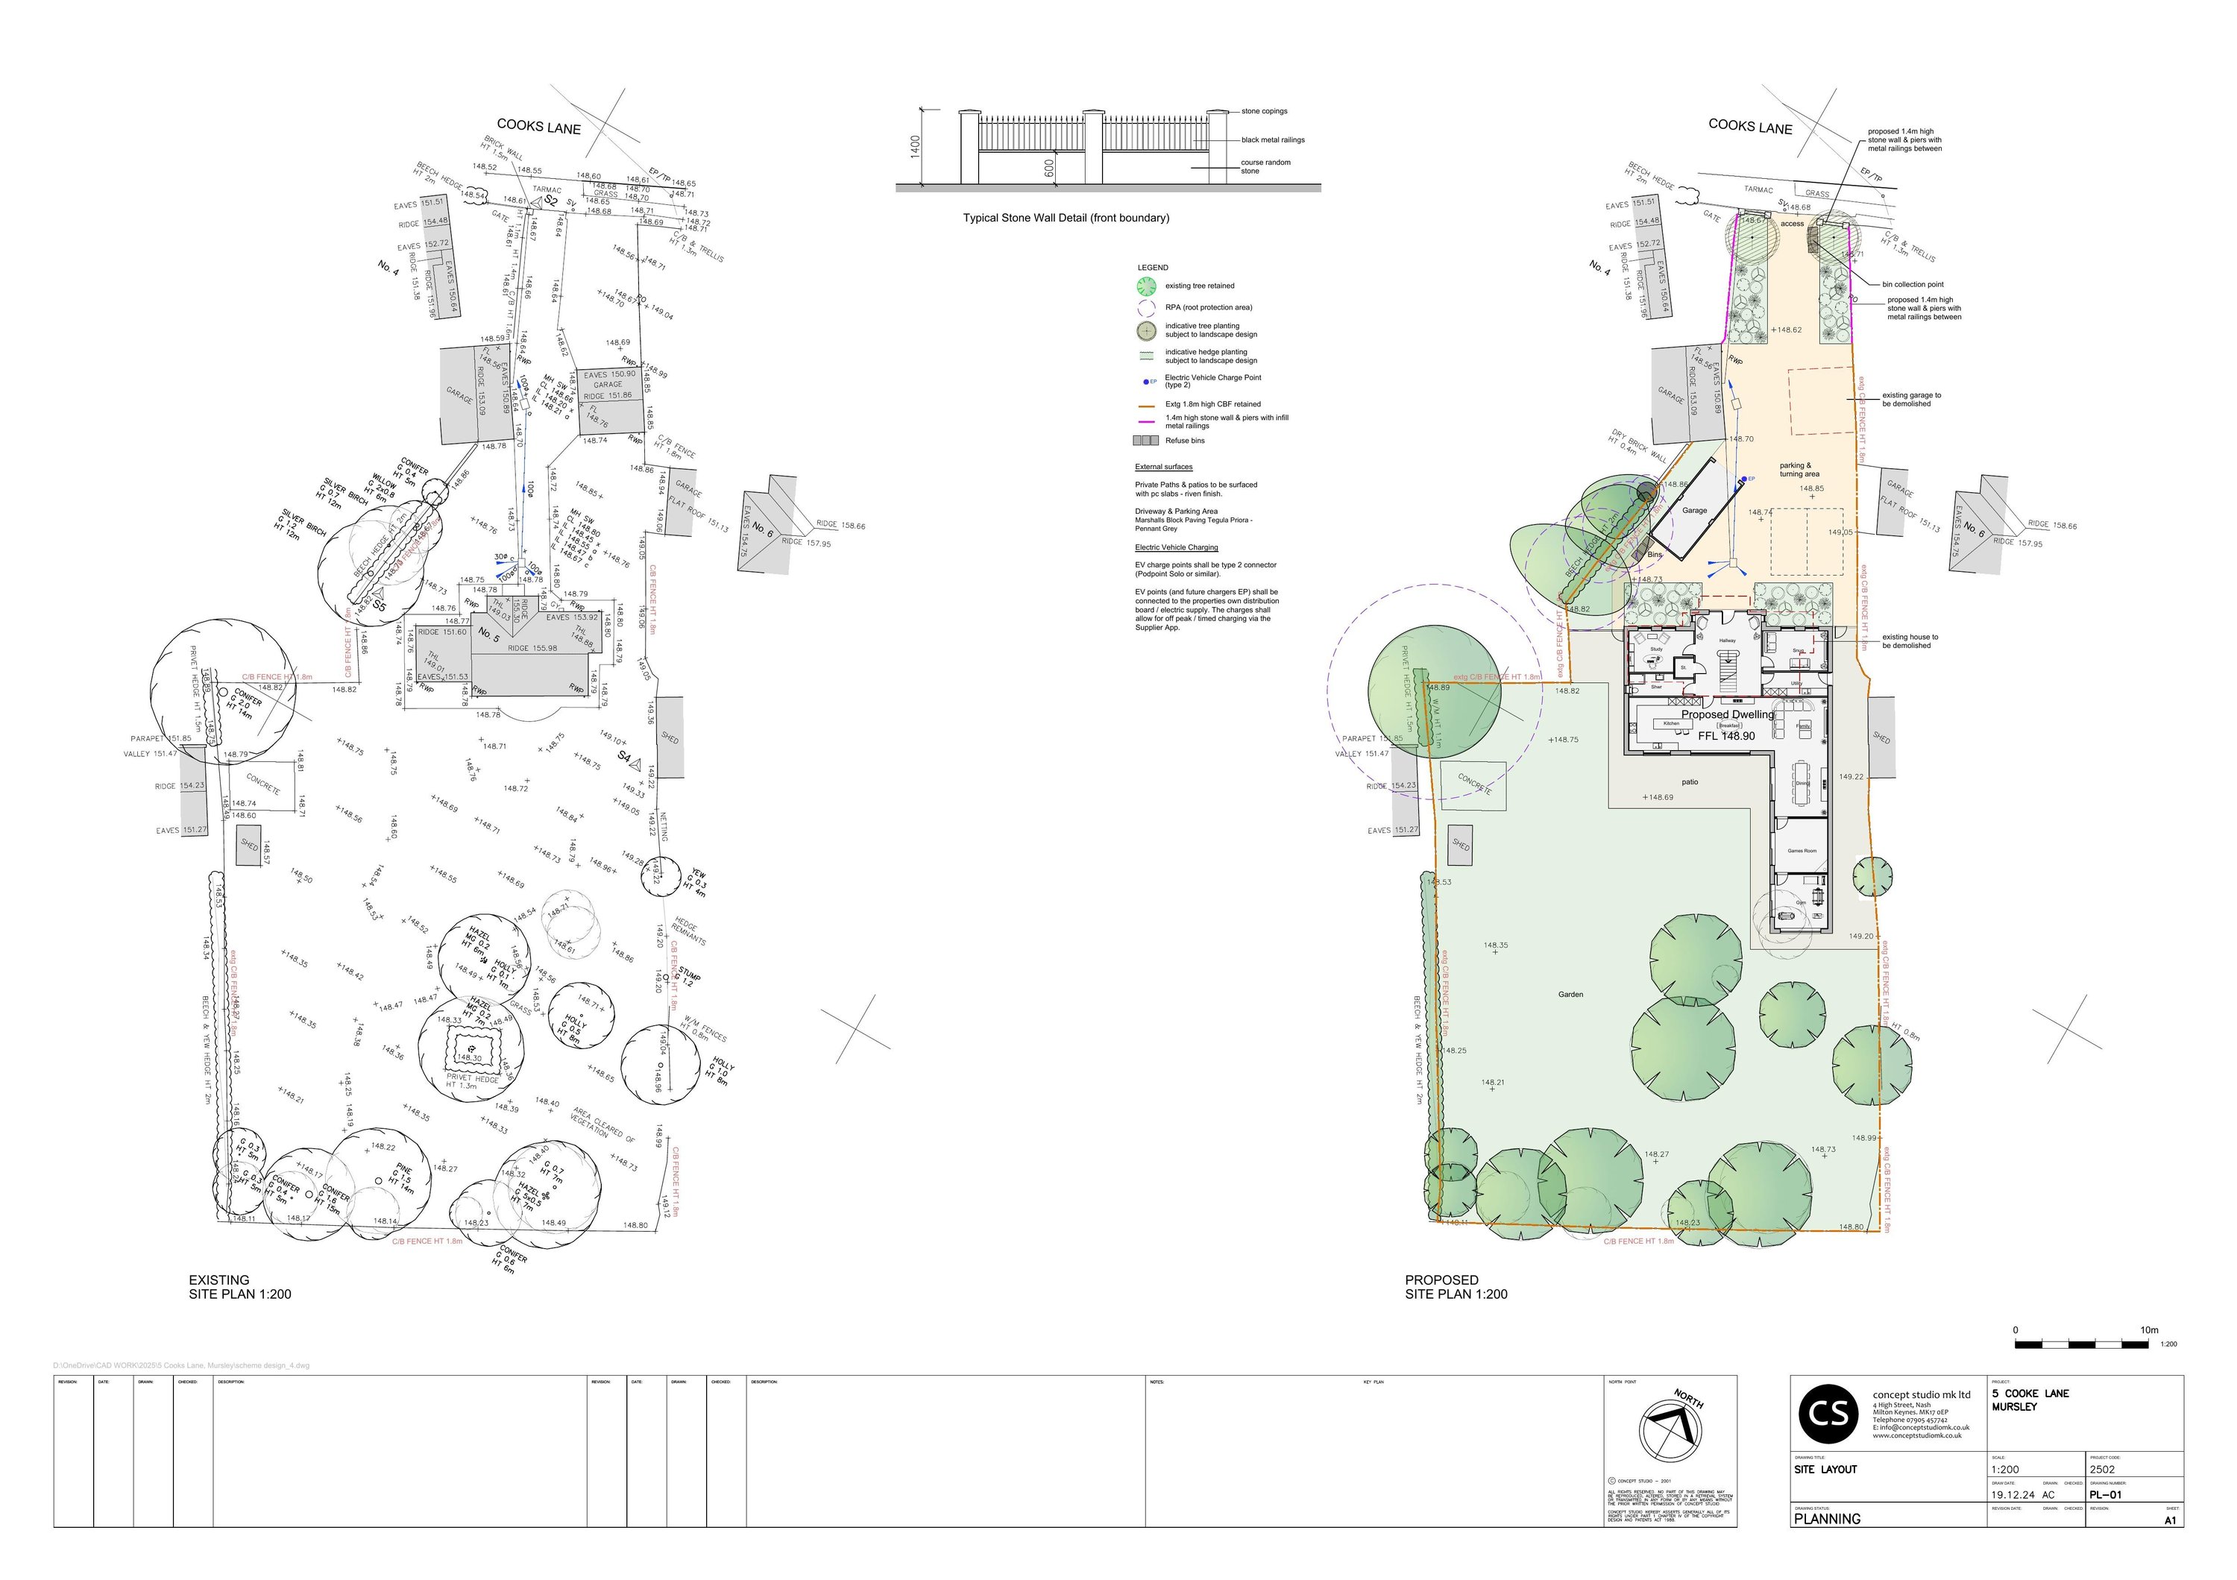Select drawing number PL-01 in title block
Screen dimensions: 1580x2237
tap(2106, 1494)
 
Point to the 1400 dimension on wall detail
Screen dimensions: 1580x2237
tap(914, 147)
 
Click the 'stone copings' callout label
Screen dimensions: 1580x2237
tap(1264, 111)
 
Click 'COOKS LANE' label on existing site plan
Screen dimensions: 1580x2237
tap(539, 127)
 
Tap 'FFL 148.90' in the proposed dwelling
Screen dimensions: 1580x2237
tap(1726, 737)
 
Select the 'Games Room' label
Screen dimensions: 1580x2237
tap(1802, 850)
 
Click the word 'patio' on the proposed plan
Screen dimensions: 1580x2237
tap(1690, 782)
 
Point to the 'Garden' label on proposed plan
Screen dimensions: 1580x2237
tap(1570, 995)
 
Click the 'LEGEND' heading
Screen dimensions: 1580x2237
tap(1153, 267)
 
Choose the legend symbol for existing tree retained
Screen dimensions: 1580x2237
tap(1147, 286)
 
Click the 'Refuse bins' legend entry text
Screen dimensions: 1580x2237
tap(1185, 440)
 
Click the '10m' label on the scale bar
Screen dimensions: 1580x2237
tap(2148, 1329)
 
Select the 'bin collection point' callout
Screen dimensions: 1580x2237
tap(1913, 284)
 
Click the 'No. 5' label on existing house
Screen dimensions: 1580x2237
tap(488, 633)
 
